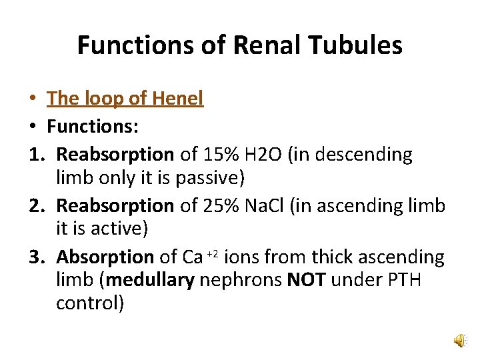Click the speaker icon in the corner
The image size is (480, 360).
pos(460,341)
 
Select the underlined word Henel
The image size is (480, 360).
pos(177,99)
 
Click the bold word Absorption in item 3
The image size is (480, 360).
pos(105,257)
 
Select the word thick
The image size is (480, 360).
pos(331,257)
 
